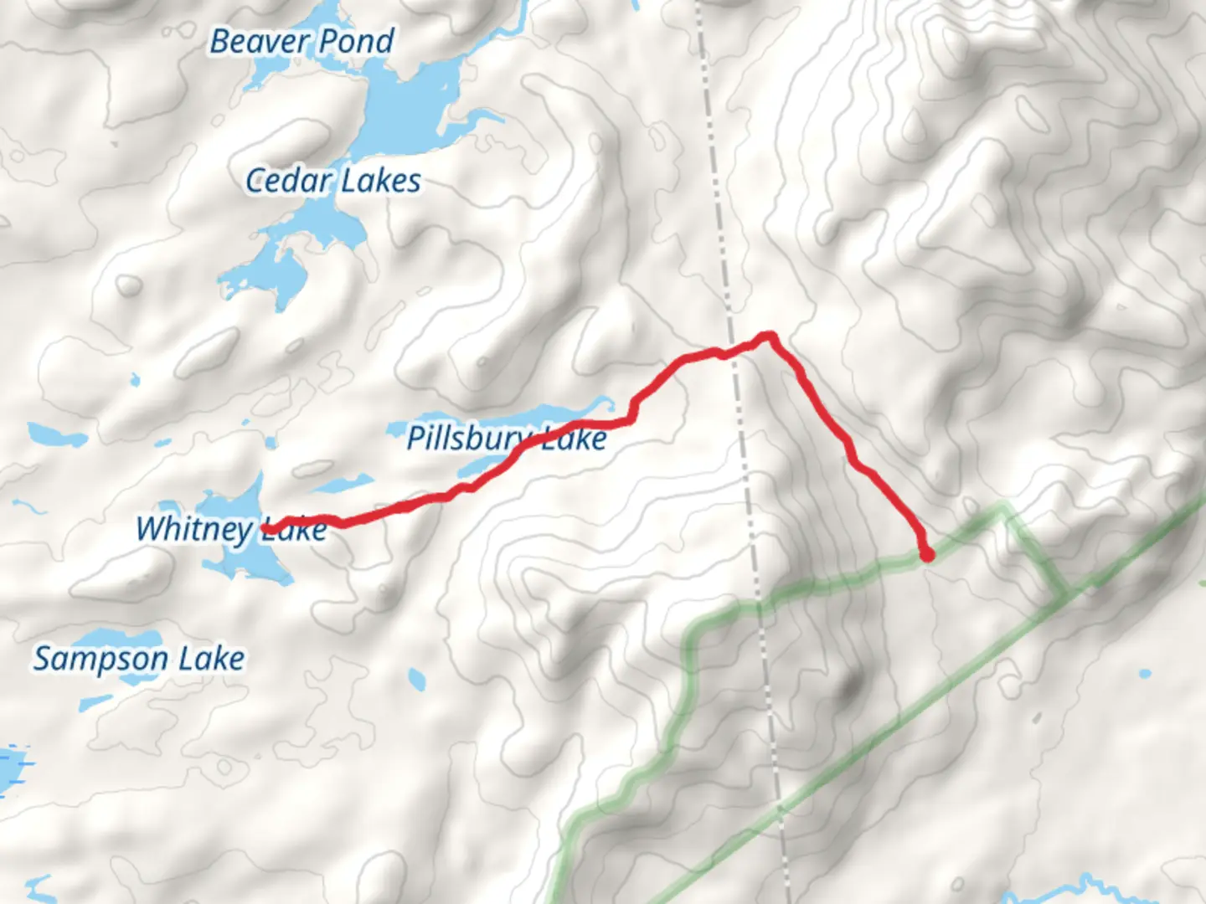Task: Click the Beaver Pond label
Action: [x=301, y=41]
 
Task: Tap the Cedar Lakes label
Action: [x=332, y=181]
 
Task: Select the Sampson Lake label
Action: [x=139, y=659]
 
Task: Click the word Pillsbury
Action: [x=469, y=438]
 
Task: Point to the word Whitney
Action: [x=194, y=529]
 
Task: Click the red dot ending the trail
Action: [x=926, y=554]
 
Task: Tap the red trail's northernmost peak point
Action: [x=768, y=336]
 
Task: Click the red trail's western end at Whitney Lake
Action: [x=270, y=528]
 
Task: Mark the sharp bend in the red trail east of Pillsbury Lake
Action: [x=632, y=411]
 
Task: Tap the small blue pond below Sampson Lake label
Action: [x=416, y=675]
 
